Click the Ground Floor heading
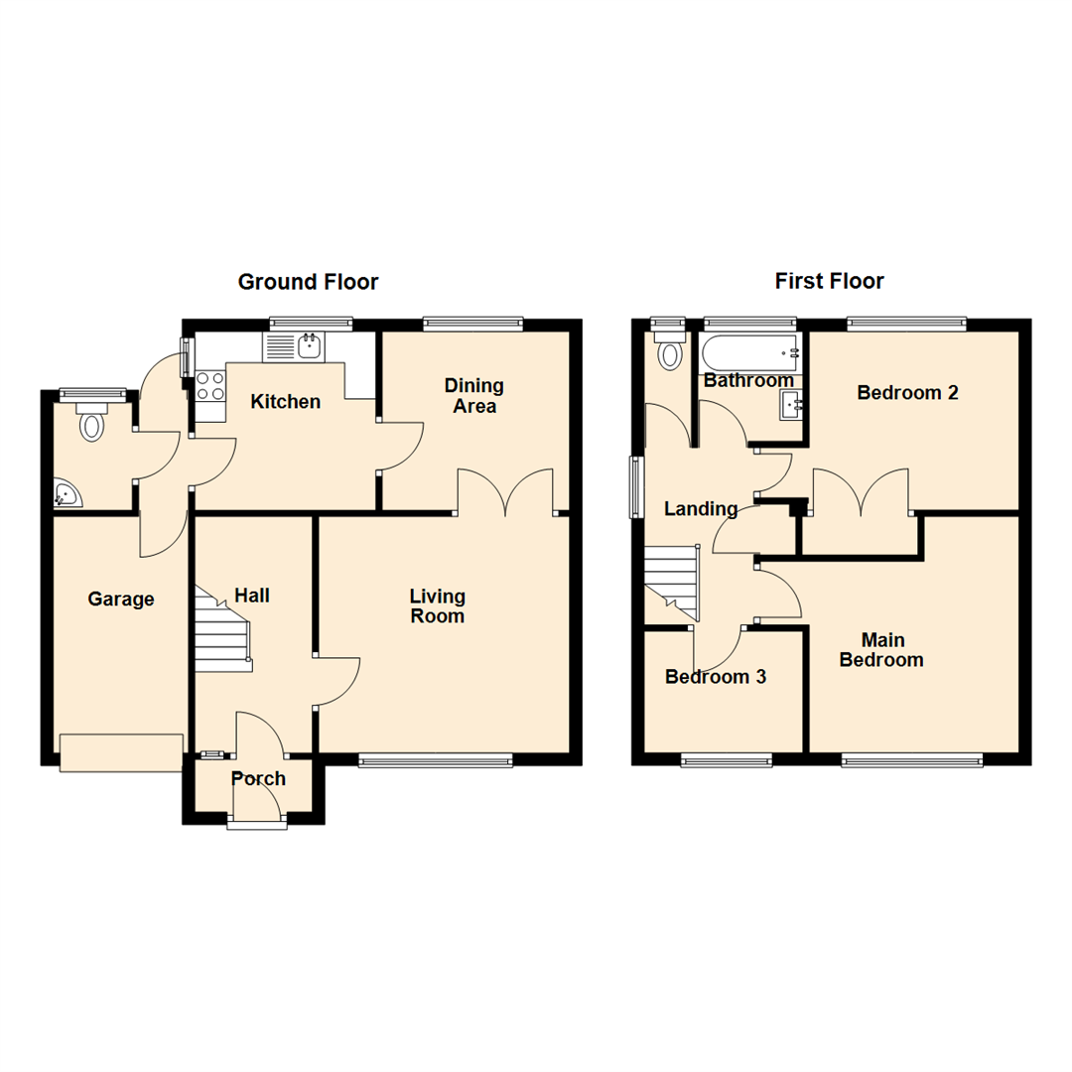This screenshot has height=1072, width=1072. (x=308, y=282)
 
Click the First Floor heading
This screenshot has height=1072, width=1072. (x=829, y=282)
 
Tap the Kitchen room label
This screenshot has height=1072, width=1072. (x=285, y=402)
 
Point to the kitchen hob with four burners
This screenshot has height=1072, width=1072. (x=209, y=385)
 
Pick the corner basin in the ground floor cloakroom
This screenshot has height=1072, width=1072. (x=67, y=493)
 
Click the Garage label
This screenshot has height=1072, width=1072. (x=121, y=600)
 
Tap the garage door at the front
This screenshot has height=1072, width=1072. (x=121, y=752)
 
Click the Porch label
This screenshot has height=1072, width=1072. (x=258, y=779)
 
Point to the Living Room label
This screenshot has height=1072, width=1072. (x=438, y=605)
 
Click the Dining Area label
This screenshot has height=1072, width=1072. (x=474, y=395)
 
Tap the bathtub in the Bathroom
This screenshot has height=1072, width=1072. (x=749, y=351)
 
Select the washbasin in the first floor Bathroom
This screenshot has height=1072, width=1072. (x=791, y=404)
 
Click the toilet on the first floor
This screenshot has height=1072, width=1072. (x=670, y=351)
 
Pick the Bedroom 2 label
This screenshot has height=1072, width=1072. (x=907, y=393)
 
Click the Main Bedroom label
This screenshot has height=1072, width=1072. (x=881, y=650)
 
